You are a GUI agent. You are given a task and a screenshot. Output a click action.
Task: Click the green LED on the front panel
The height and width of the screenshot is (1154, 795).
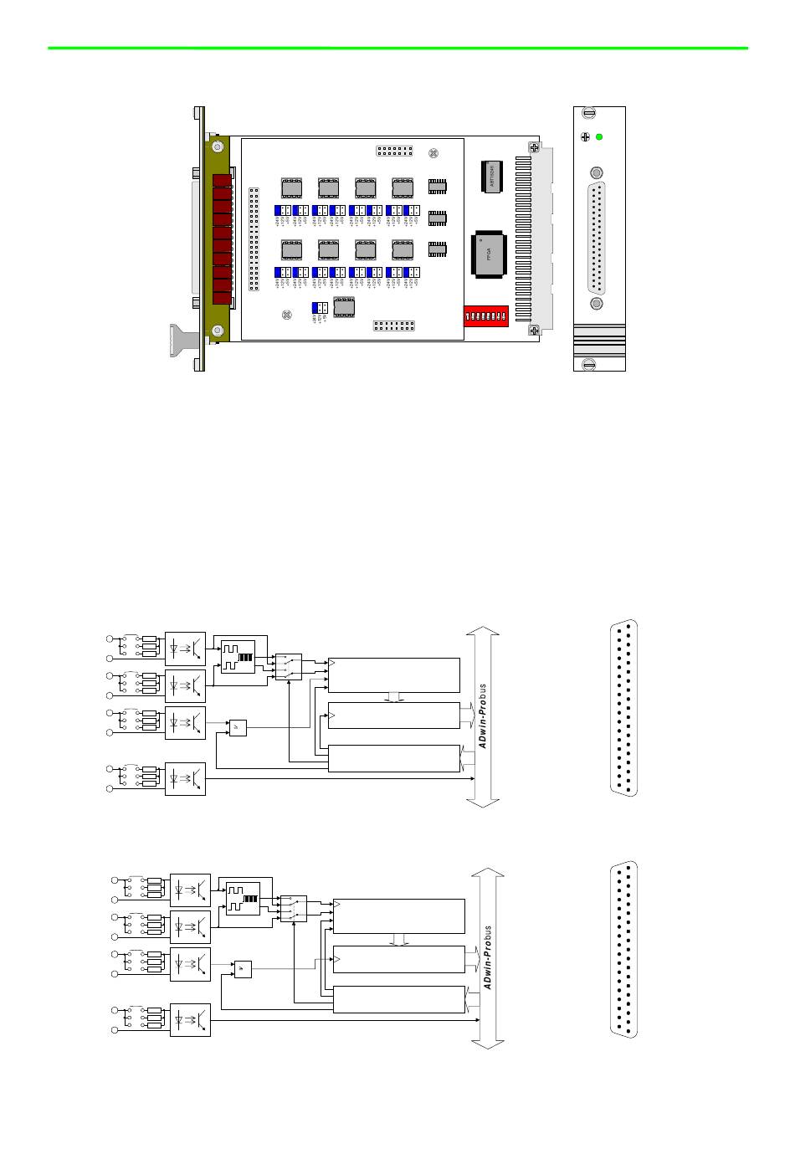click(x=599, y=137)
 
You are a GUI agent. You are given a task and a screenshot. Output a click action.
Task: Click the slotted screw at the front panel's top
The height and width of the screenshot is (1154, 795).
click(x=588, y=113)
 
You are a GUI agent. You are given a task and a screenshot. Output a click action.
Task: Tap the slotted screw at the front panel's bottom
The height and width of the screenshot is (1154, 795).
click(x=588, y=363)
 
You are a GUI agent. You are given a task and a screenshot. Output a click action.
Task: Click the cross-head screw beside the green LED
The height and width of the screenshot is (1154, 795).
click(x=584, y=137)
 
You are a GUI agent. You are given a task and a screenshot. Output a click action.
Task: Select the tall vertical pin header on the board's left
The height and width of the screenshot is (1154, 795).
click(x=254, y=238)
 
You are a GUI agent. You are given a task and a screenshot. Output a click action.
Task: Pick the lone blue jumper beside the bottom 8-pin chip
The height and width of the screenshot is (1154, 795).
click(x=319, y=308)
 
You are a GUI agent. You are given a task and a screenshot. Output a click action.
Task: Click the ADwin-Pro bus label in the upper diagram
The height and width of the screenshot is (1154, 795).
click(x=483, y=715)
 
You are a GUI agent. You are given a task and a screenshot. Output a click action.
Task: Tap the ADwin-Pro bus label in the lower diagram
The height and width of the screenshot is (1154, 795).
click(x=487, y=957)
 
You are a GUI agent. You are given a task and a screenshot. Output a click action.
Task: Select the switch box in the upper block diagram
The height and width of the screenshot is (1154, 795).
click(x=289, y=667)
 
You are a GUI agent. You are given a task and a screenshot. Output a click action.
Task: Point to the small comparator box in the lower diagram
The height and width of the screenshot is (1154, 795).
click(x=243, y=968)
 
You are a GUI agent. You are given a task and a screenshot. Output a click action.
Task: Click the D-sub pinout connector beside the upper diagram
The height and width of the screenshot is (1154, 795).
click(x=623, y=708)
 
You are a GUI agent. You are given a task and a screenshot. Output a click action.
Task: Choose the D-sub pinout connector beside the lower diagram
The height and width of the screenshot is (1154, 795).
click(x=623, y=949)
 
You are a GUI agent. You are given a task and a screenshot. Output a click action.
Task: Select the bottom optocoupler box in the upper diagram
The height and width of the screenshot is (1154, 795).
click(x=185, y=779)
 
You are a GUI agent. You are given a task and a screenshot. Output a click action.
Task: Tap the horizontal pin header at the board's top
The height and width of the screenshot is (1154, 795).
click(x=394, y=151)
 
